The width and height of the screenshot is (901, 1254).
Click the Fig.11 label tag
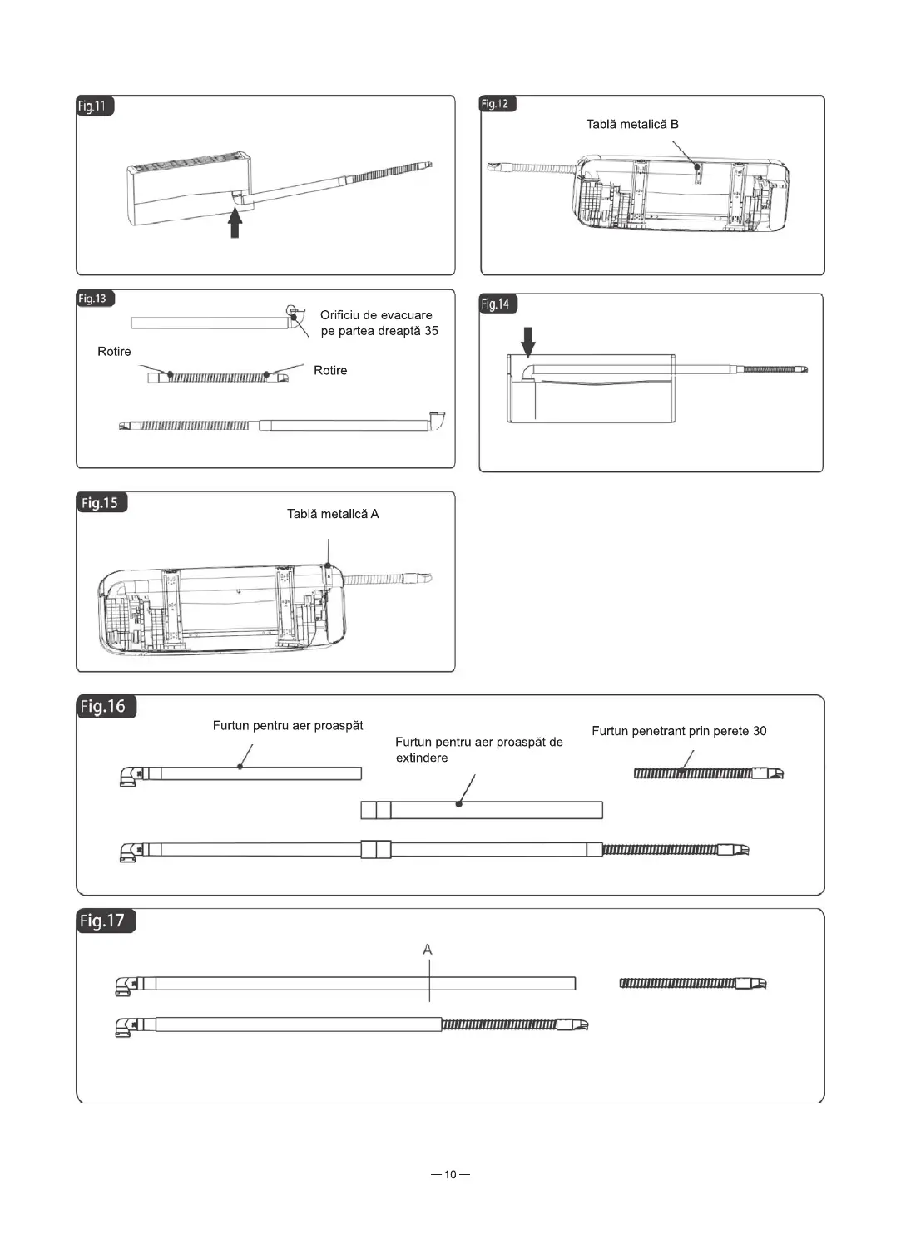click(x=94, y=106)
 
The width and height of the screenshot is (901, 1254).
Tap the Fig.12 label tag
click(x=497, y=104)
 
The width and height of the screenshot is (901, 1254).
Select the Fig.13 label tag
click(x=94, y=299)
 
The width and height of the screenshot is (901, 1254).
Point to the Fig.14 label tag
click(x=497, y=304)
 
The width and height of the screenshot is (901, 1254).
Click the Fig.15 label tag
click(x=101, y=503)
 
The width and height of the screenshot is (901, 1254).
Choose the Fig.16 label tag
click(x=104, y=707)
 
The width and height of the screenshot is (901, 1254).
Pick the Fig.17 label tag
click(x=104, y=921)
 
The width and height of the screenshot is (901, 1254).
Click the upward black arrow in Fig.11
click(x=235, y=222)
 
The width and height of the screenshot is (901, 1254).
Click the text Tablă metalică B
click(x=631, y=125)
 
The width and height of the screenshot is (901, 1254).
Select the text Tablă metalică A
click(x=333, y=514)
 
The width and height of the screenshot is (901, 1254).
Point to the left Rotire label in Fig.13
click(x=114, y=352)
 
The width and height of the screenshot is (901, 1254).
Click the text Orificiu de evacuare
click(x=376, y=315)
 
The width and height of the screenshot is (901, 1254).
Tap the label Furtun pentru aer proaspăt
click(x=288, y=726)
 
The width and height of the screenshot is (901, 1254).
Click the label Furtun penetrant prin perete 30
click(x=679, y=731)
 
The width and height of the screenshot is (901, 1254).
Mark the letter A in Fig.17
click(x=428, y=950)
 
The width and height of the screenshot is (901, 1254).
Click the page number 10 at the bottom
click(x=450, y=1175)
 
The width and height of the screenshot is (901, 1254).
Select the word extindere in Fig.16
click(x=422, y=758)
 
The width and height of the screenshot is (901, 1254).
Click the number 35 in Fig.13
click(x=431, y=331)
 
